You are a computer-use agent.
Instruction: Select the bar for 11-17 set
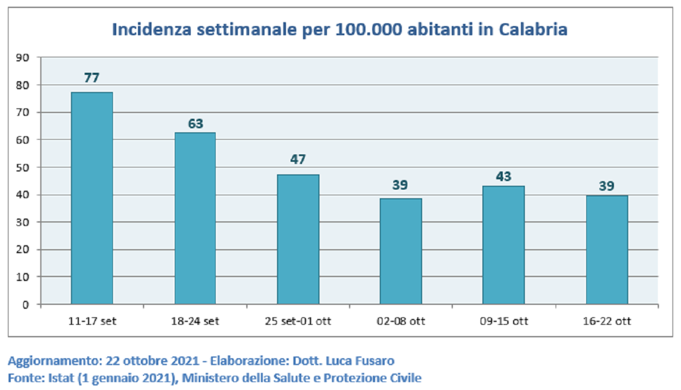pyautogui.click(x=92, y=198)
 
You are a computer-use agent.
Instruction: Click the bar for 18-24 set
pyautogui.click(x=195, y=219)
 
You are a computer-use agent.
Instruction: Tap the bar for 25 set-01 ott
pyautogui.click(x=299, y=240)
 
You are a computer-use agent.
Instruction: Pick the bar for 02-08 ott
pyautogui.click(x=401, y=251)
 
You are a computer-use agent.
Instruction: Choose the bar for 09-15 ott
pyautogui.click(x=504, y=245)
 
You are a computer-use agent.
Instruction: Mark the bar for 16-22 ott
pyautogui.click(x=607, y=250)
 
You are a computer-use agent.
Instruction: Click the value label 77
pyautogui.click(x=92, y=78)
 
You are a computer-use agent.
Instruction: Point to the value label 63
pyautogui.click(x=195, y=124)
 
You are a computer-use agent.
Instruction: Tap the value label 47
pyautogui.click(x=298, y=159)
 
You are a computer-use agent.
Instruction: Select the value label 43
pyautogui.click(x=504, y=177)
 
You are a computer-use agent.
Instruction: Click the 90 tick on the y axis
pyautogui.click(x=23, y=57)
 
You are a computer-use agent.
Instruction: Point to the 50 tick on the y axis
pyautogui.click(x=23, y=167)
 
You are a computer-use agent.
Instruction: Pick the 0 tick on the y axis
pyautogui.click(x=26, y=304)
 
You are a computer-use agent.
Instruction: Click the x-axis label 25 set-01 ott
pyautogui.click(x=298, y=321)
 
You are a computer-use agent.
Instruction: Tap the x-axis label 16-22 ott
pyautogui.click(x=607, y=321)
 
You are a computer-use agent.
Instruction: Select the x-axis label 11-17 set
pyautogui.click(x=92, y=321)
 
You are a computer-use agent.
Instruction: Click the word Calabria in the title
pyautogui.click(x=533, y=30)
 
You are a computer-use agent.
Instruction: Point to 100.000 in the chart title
pyautogui.click(x=369, y=30)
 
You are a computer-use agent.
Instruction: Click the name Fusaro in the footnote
pyautogui.click(x=375, y=361)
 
